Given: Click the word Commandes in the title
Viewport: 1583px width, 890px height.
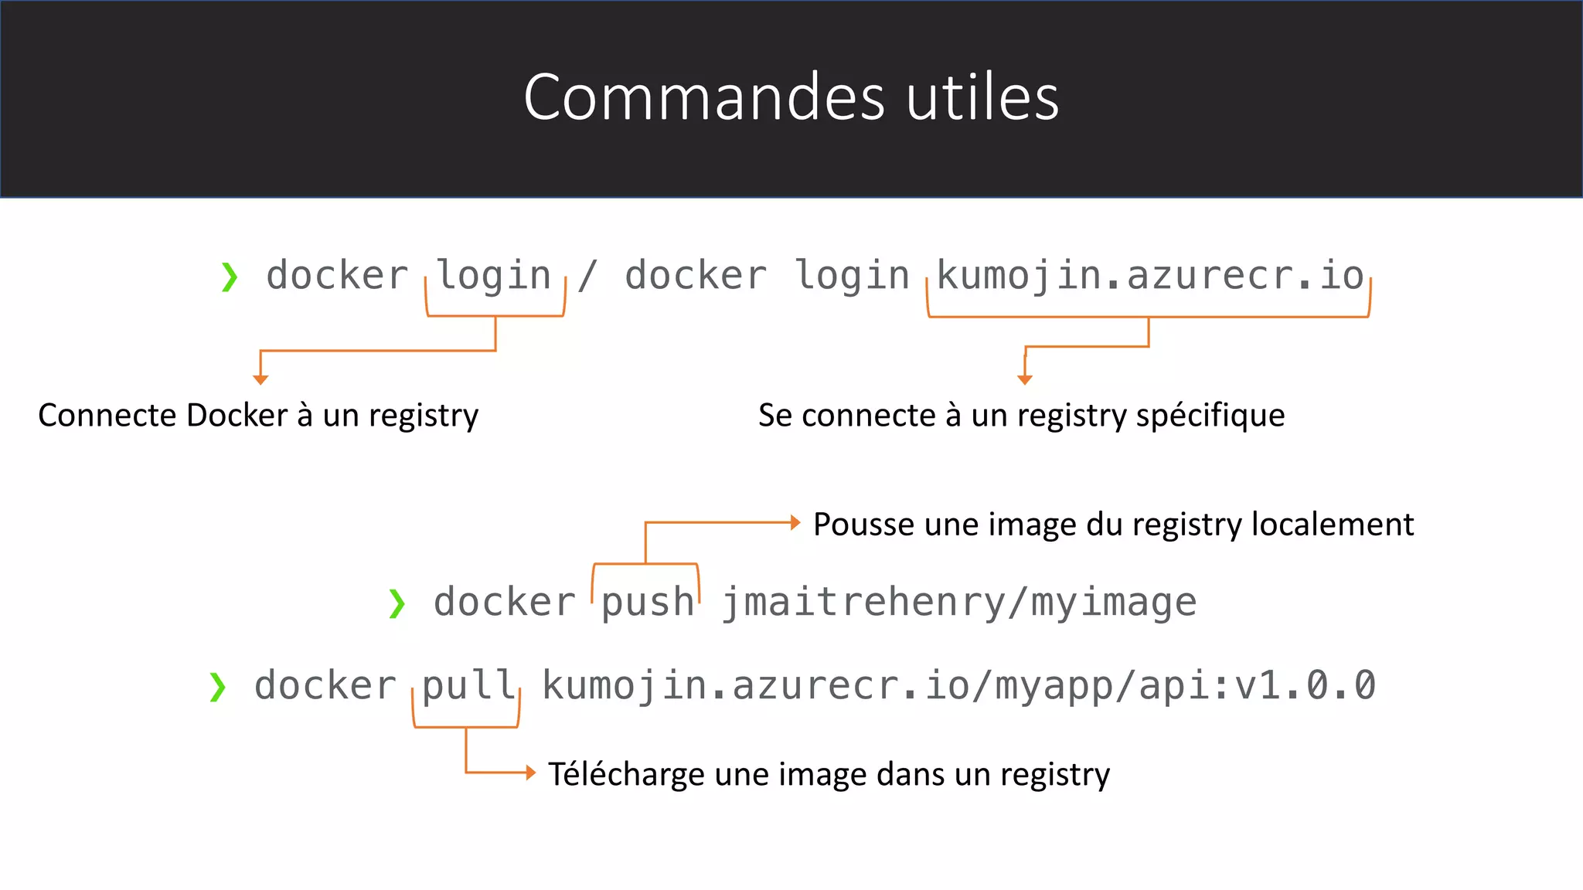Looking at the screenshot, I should coord(703,98).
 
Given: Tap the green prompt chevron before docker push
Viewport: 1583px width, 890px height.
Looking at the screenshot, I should coord(397,603).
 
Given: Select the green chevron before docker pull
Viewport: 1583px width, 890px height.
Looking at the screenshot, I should coord(217,687).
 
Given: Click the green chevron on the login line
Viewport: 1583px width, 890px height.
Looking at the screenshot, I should coord(229,277).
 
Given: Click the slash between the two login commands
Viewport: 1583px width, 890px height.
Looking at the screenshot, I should coord(587,276).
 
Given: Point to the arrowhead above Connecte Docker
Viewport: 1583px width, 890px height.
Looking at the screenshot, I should coord(260,379).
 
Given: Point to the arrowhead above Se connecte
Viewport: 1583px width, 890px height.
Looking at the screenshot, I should coord(1025,379).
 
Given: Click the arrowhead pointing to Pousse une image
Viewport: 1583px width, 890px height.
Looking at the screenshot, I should coord(795,523).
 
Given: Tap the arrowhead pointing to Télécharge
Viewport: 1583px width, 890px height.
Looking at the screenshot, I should coord(530,772).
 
